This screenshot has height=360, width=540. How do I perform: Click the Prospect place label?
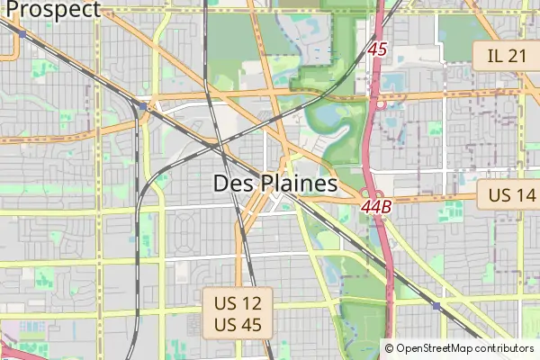52,10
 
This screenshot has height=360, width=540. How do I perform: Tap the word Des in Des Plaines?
233,184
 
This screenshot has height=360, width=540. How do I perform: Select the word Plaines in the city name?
298,184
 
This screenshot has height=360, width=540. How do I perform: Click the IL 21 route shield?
506,56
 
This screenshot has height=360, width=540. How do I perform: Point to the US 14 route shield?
511,194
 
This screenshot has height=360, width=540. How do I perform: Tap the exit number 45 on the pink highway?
377,49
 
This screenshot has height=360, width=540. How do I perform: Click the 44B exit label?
376,207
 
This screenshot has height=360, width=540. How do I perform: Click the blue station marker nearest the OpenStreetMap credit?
436,307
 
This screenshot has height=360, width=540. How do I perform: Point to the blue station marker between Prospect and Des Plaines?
143,106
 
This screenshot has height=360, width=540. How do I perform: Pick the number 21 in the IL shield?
517,56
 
